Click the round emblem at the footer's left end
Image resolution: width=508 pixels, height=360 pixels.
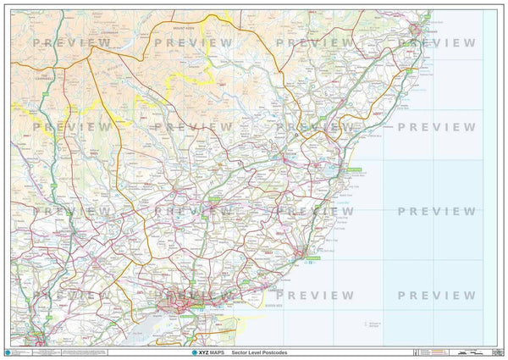click(9, 352)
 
